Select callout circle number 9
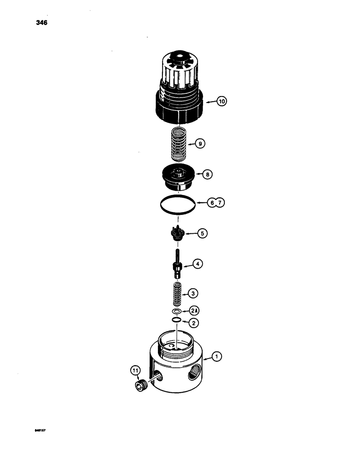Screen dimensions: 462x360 tap(199, 144)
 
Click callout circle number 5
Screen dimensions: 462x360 tap(202, 234)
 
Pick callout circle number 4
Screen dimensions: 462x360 tap(197, 264)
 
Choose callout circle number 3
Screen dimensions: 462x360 tap(194, 293)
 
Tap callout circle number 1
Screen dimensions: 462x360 tap(216, 356)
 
